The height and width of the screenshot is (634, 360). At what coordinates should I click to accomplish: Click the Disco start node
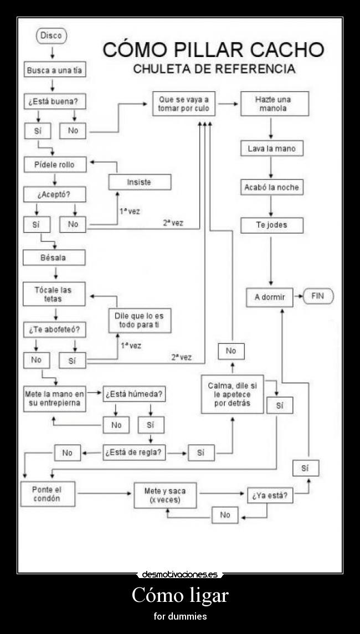point(52,36)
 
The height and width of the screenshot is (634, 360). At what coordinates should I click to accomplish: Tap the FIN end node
point(317,296)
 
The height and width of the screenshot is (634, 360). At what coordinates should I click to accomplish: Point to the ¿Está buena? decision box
point(55,102)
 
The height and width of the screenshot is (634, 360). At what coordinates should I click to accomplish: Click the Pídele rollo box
point(55,164)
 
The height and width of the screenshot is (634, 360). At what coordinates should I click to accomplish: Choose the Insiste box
point(140,182)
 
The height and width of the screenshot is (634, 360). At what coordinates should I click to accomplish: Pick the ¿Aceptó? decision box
point(55,194)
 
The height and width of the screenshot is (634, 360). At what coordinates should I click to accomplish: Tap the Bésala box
point(54,257)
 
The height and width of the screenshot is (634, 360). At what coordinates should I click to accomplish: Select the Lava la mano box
point(271,148)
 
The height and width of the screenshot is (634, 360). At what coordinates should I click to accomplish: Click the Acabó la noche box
point(271,187)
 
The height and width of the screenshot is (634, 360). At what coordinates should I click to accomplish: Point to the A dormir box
point(270,297)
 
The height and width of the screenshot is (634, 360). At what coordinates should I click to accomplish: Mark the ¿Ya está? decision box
point(270,496)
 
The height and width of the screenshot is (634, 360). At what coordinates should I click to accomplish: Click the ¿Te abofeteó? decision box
point(55,329)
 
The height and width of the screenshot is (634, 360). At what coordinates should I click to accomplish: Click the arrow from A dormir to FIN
point(298,297)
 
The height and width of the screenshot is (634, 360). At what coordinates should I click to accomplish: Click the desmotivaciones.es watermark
point(180,574)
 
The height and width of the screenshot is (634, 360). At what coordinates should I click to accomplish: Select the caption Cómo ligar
point(180,596)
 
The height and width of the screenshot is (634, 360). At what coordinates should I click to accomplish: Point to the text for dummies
point(180,616)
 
